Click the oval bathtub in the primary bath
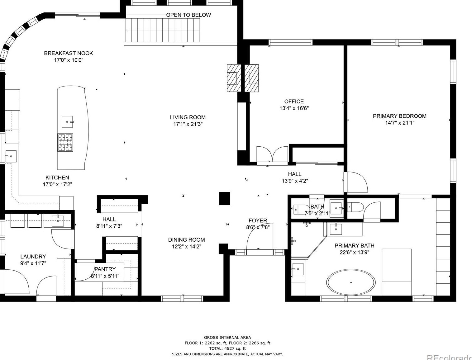[x=351, y=282]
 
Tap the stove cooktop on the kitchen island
[x=65, y=142]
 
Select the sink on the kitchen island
[x=67, y=122]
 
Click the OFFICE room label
[x=294, y=102]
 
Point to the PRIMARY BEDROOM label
[x=399, y=116]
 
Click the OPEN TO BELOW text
[x=188, y=15]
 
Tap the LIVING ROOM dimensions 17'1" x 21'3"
[x=188, y=124]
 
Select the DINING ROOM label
[x=186, y=240]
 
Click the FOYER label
[x=258, y=220]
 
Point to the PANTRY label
[x=105, y=269]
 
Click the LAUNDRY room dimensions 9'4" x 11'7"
[x=33, y=263]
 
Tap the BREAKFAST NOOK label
[x=68, y=53]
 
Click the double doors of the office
[x=272, y=154]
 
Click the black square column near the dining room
[x=225, y=198]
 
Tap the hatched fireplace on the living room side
[x=234, y=78]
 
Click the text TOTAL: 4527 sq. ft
[x=227, y=348]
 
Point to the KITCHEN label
[x=57, y=178]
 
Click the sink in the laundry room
[x=58, y=221]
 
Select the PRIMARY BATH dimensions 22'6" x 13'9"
[x=354, y=252]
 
